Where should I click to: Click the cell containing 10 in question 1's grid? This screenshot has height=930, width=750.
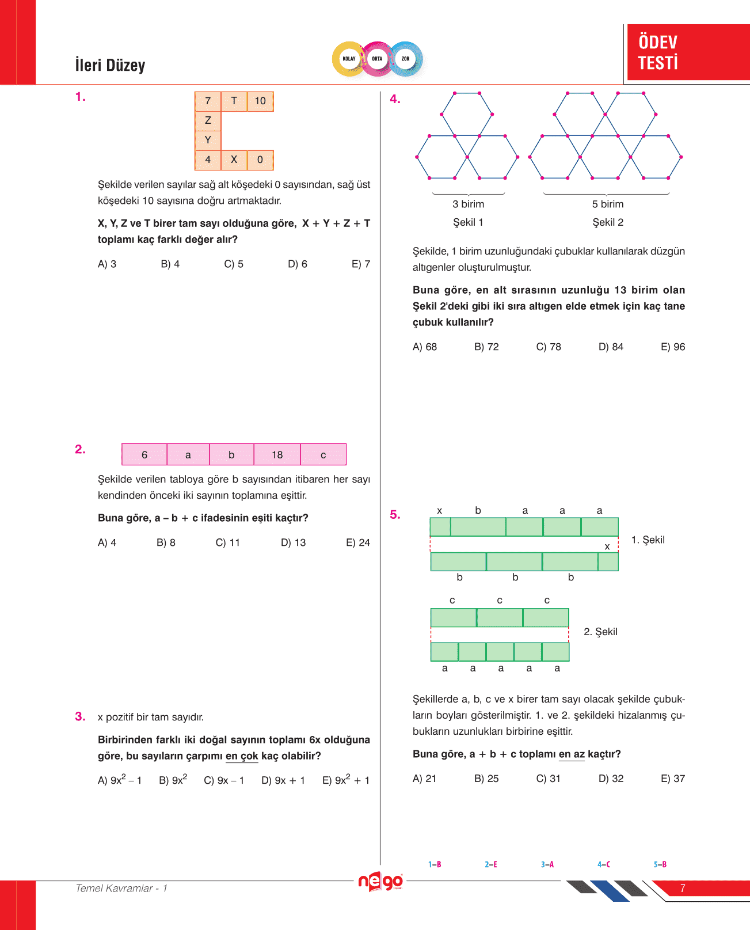(x=260, y=101)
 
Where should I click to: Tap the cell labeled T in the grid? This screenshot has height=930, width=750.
(x=234, y=101)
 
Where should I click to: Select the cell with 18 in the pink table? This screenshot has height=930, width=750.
(x=277, y=455)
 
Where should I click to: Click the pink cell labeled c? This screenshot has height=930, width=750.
(x=323, y=455)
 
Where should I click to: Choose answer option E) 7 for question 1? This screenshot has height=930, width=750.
(x=360, y=264)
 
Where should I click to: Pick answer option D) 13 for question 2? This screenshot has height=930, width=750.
(x=293, y=542)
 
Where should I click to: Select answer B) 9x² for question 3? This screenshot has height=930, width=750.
(x=173, y=780)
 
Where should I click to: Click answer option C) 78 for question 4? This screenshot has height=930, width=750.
(x=548, y=347)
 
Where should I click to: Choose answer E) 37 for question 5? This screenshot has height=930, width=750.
(x=672, y=779)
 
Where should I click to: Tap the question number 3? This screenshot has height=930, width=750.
(x=80, y=716)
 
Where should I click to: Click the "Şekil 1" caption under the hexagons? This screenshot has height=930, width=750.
(x=468, y=222)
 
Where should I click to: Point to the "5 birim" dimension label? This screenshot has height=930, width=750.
(x=607, y=204)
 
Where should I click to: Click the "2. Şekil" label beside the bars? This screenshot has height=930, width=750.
(x=600, y=632)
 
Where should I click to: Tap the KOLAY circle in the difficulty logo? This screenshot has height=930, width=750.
(x=349, y=59)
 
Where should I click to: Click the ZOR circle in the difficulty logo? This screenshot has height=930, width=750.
(x=405, y=59)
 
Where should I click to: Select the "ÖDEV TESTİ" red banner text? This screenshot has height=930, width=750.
(x=658, y=52)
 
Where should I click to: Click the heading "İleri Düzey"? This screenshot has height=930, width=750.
(x=110, y=65)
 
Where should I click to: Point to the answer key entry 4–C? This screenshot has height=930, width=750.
(x=603, y=864)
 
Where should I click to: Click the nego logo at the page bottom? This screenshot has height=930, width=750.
(x=380, y=882)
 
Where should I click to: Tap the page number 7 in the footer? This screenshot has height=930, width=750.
(x=682, y=888)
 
